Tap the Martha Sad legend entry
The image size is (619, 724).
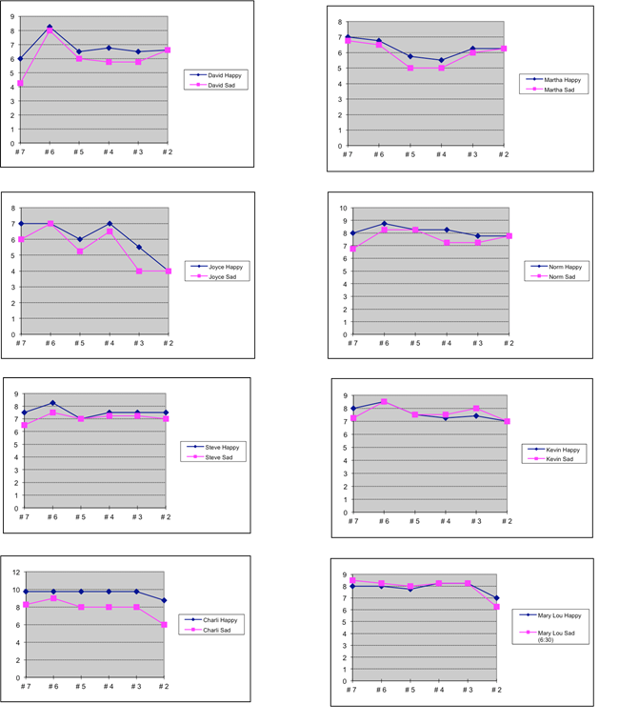[x=561, y=90]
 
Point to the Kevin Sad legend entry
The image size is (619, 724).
[x=561, y=458]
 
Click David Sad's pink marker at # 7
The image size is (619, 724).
[x=20, y=84]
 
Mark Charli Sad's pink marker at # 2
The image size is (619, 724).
[x=166, y=625]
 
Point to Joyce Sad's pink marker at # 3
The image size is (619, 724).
[x=138, y=271]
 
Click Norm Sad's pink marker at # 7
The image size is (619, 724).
[x=352, y=249]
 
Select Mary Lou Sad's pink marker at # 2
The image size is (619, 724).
[x=496, y=607]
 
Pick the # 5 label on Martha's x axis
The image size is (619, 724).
[x=409, y=153]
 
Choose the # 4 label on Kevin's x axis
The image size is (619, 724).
[x=445, y=521]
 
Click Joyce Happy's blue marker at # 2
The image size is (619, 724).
[x=168, y=271]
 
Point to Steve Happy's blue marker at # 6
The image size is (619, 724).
[x=52, y=402]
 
